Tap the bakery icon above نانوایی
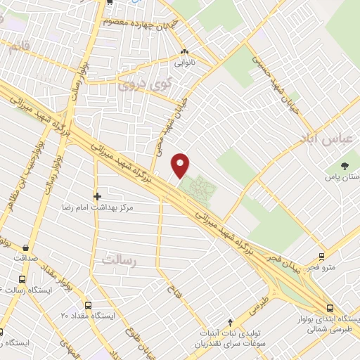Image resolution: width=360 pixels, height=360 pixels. coord(185,52)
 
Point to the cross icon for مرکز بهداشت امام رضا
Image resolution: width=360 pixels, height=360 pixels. coord(97,195)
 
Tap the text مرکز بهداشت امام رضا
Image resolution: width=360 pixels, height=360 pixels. coord(107,209)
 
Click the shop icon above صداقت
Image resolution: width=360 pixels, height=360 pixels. coord(26,247)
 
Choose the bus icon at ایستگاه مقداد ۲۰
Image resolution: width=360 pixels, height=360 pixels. coord(88,306)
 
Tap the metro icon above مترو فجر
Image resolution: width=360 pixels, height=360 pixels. coord(321,256)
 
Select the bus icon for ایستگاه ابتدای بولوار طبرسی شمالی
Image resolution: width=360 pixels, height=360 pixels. coord(330,307)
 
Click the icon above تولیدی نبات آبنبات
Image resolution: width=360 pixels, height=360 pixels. coord(231,320)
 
